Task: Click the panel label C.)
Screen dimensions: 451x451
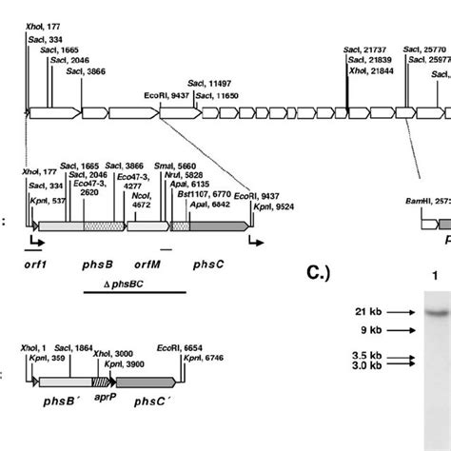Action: click(x=320, y=275)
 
